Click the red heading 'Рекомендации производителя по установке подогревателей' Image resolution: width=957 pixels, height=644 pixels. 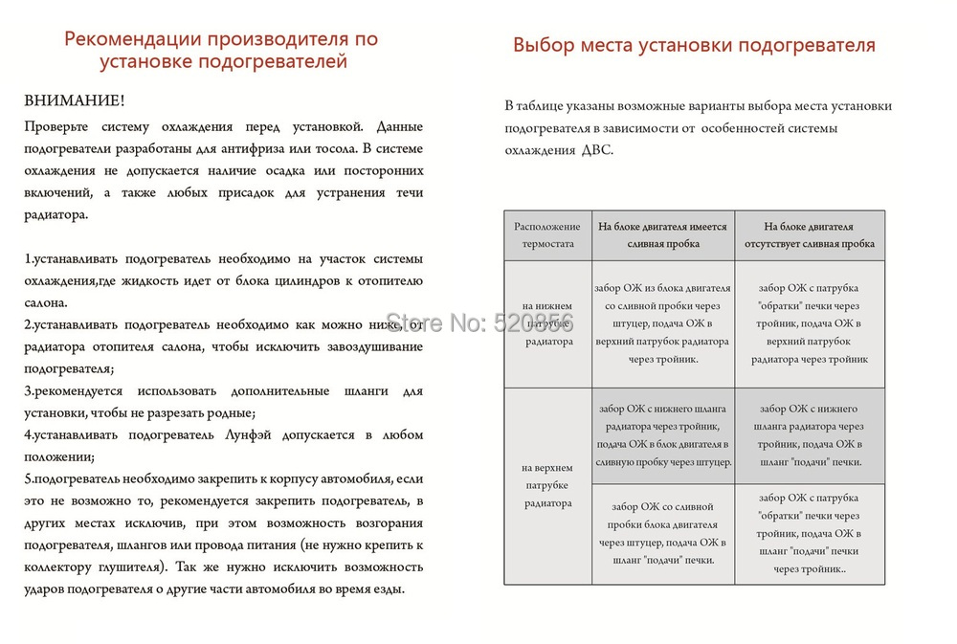(x=220, y=51)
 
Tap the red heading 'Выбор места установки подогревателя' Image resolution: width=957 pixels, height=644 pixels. (x=694, y=44)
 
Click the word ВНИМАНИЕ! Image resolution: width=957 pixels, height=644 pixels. (x=74, y=100)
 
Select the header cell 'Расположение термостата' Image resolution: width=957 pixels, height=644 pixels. (x=547, y=235)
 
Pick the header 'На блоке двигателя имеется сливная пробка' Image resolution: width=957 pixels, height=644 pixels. (x=662, y=235)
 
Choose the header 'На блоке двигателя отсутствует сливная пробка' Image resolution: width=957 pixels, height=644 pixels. (x=809, y=235)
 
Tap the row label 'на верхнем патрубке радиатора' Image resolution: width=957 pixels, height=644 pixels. (x=547, y=485)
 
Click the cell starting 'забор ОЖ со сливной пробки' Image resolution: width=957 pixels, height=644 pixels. (x=662, y=534)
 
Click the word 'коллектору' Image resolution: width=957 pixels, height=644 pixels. (x=58, y=566)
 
